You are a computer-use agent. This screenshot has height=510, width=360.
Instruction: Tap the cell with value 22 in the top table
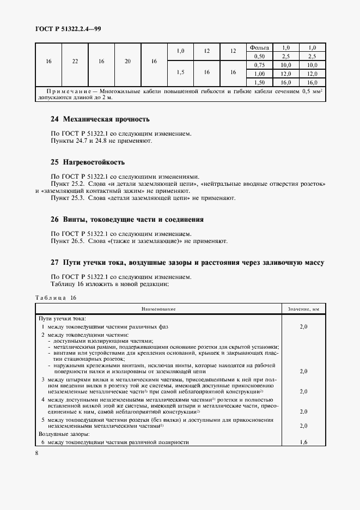(x=75, y=61)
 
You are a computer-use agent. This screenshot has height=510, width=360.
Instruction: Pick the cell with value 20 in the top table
(x=127, y=61)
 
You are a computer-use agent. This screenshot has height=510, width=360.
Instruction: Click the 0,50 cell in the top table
(x=259, y=57)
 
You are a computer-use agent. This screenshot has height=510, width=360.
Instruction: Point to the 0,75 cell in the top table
(x=259, y=65)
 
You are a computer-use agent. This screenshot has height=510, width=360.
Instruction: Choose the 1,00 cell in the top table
(x=259, y=73)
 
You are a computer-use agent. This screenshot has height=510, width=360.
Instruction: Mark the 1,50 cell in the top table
(x=259, y=81)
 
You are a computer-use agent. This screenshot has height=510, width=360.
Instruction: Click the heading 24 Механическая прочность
(x=99, y=119)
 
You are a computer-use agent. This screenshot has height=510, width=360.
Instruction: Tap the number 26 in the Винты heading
(x=54, y=220)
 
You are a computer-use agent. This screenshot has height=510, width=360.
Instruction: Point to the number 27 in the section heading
(x=54, y=263)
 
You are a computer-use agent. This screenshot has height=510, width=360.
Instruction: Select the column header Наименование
(x=158, y=309)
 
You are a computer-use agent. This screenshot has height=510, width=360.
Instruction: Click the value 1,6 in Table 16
(x=303, y=442)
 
